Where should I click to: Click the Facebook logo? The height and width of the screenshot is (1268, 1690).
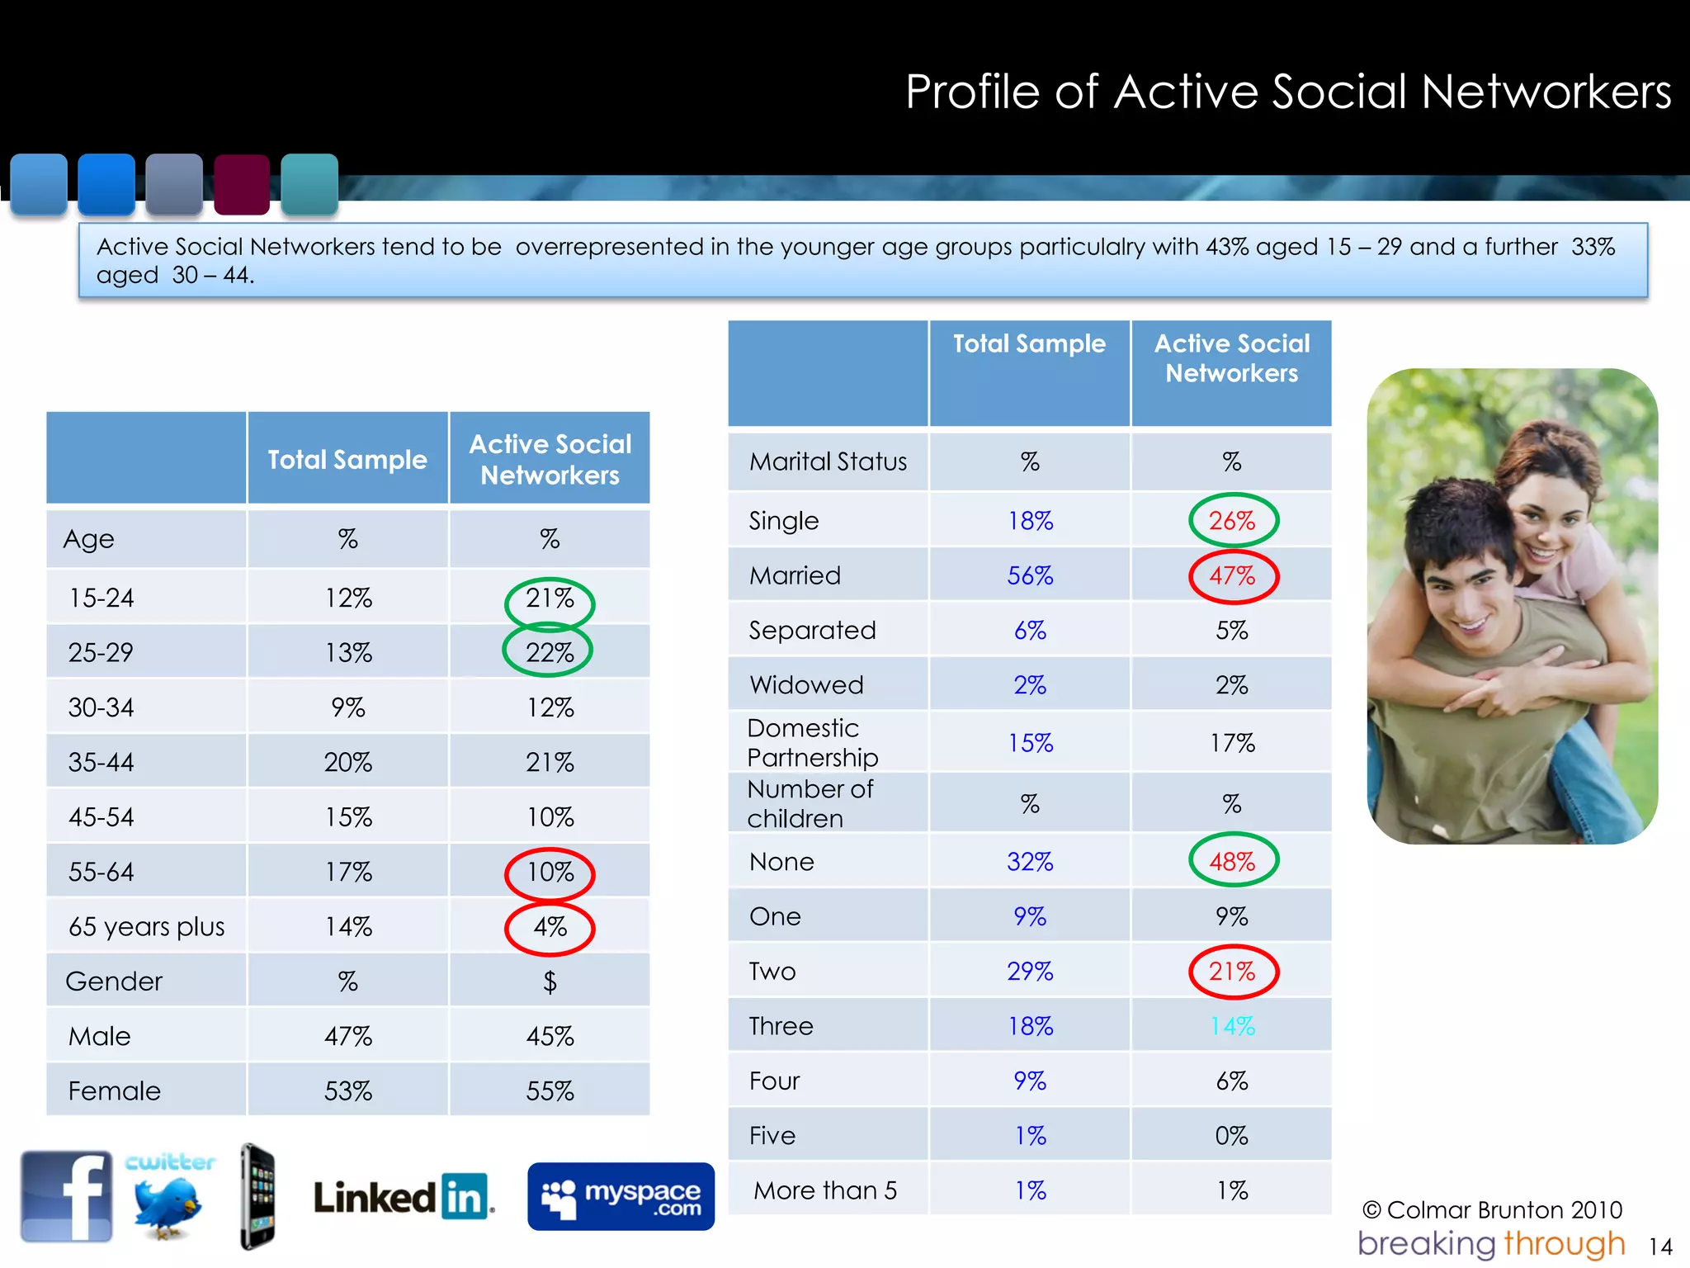click(67, 1196)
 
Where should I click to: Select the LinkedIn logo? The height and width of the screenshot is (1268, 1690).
click(404, 1197)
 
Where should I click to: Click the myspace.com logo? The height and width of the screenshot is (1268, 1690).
click(621, 1197)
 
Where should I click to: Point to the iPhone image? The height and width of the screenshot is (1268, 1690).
click(258, 1196)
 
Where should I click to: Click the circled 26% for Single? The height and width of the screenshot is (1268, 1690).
click(1233, 521)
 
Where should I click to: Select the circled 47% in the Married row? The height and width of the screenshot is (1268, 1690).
click(1233, 575)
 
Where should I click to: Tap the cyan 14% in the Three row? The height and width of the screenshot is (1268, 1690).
click(1232, 1026)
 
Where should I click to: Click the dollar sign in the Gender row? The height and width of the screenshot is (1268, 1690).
click(550, 982)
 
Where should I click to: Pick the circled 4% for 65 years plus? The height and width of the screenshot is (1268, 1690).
click(550, 927)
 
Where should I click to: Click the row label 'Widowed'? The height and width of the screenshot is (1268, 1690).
click(806, 685)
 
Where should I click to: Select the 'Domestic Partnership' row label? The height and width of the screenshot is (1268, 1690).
click(812, 743)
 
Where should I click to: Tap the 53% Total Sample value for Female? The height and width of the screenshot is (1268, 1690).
click(348, 1091)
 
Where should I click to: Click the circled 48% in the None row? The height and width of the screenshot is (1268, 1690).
click(1233, 862)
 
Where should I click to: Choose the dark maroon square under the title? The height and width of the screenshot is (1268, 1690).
click(242, 184)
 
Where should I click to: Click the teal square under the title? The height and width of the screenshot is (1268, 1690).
click(309, 184)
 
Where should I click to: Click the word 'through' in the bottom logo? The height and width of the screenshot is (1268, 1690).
click(1565, 1243)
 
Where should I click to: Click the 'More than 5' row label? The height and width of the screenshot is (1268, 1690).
click(825, 1190)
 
